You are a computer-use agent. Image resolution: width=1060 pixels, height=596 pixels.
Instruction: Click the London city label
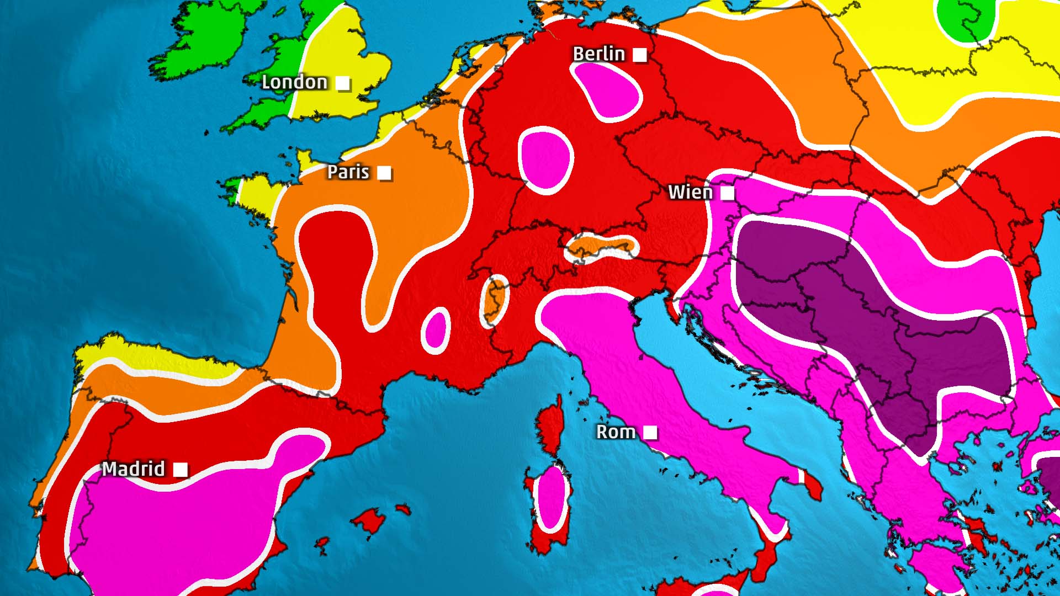click(294, 82)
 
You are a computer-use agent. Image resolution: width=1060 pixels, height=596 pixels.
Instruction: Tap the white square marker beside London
click(343, 83)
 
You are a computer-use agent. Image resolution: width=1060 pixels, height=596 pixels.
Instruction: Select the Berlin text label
click(598, 54)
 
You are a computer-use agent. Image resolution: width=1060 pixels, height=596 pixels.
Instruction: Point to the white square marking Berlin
click(640, 55)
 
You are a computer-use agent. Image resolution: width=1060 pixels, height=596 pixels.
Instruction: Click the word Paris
click(348, 172)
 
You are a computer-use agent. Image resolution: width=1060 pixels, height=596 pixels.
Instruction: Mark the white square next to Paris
click(384, 173)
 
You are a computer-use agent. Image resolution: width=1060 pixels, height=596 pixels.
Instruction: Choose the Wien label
click(690, 192)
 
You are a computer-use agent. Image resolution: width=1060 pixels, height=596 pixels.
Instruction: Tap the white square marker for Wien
click(728, 193)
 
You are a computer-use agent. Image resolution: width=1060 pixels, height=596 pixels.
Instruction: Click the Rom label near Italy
click(616, 432)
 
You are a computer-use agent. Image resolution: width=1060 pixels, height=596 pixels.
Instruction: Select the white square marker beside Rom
click(650, 433)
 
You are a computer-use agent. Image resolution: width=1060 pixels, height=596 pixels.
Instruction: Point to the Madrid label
click(134, 469)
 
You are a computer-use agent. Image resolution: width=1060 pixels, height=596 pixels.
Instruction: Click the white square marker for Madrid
click(181, 470)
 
